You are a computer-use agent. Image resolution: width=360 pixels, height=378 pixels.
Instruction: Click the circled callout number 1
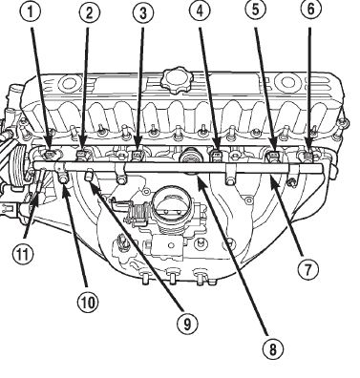coord(32,13)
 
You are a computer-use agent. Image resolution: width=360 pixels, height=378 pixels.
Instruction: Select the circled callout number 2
coord(89,13)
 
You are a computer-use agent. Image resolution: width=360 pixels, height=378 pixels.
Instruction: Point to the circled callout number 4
coord(200,11)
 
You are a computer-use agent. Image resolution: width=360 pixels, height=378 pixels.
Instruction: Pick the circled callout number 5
coord(255,10)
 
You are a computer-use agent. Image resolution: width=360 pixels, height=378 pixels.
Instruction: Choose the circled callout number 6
coord(310,10)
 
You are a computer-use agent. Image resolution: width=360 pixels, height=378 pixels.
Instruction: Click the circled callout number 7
coord(307,269)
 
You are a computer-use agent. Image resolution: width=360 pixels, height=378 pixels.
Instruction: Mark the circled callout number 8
coord(273,349)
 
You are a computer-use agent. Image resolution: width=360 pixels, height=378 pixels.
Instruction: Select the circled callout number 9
coord(187,324)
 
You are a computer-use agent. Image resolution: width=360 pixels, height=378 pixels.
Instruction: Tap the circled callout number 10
coord(88,302)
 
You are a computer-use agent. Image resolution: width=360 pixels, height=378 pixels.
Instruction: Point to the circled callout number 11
coord(23,254)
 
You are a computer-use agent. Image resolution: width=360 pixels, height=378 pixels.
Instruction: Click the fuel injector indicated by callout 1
coord(50,155)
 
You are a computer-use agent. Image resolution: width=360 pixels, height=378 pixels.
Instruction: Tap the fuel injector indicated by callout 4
coord(216,155)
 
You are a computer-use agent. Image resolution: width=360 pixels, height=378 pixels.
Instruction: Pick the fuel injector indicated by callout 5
coord(272,156)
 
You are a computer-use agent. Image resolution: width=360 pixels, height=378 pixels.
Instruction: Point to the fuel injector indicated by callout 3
coord(138,155)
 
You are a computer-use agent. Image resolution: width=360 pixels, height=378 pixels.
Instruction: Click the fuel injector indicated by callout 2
coord(83,155)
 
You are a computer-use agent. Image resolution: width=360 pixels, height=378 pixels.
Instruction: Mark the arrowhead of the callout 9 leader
coord(92,183)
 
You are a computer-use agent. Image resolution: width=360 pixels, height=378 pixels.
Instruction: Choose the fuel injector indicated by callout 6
coord(307,156)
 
